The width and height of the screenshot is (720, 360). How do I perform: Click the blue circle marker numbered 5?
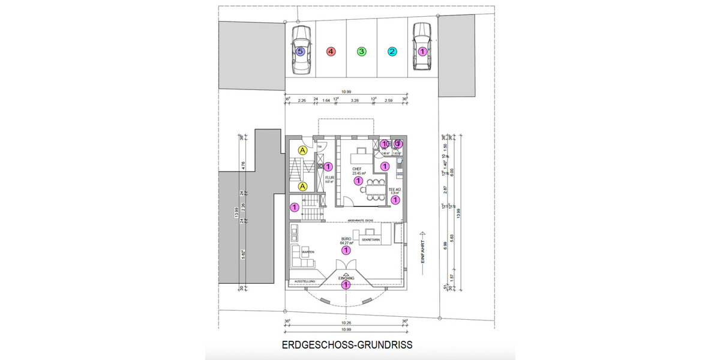point(301,52)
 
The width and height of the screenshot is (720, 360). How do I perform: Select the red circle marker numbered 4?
point(331,52)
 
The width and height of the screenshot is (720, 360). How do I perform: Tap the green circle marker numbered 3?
point(361,52)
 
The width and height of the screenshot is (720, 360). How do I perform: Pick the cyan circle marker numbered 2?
point(392,52)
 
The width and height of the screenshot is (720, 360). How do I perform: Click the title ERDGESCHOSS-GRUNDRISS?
point(347,346)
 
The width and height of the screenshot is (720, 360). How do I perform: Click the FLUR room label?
point(329,178)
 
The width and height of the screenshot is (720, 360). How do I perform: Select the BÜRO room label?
point(346,238)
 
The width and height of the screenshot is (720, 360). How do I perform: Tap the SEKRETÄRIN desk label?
point(370,239)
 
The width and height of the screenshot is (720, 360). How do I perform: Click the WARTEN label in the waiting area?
point(308,251)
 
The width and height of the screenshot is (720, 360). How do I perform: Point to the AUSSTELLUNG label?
point(304,281)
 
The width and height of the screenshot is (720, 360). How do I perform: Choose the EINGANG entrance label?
point(346,279)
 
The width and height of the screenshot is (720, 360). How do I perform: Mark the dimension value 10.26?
point(346,323)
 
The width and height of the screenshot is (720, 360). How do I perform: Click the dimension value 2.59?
point(388,101)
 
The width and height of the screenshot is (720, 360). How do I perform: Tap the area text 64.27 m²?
point(346,243)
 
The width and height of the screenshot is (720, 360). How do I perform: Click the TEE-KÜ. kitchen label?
point(394,189)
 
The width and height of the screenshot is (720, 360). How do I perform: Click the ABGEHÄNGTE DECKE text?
point(360,221)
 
